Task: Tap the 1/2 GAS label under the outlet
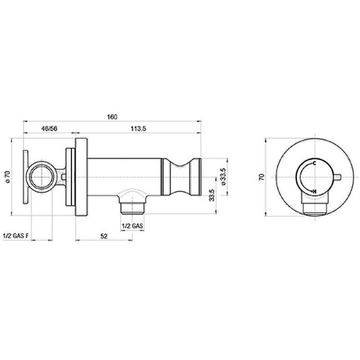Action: (x=131, y=226)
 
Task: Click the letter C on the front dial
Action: (x=315, y=164)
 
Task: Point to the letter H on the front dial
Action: (x=315, y=191)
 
